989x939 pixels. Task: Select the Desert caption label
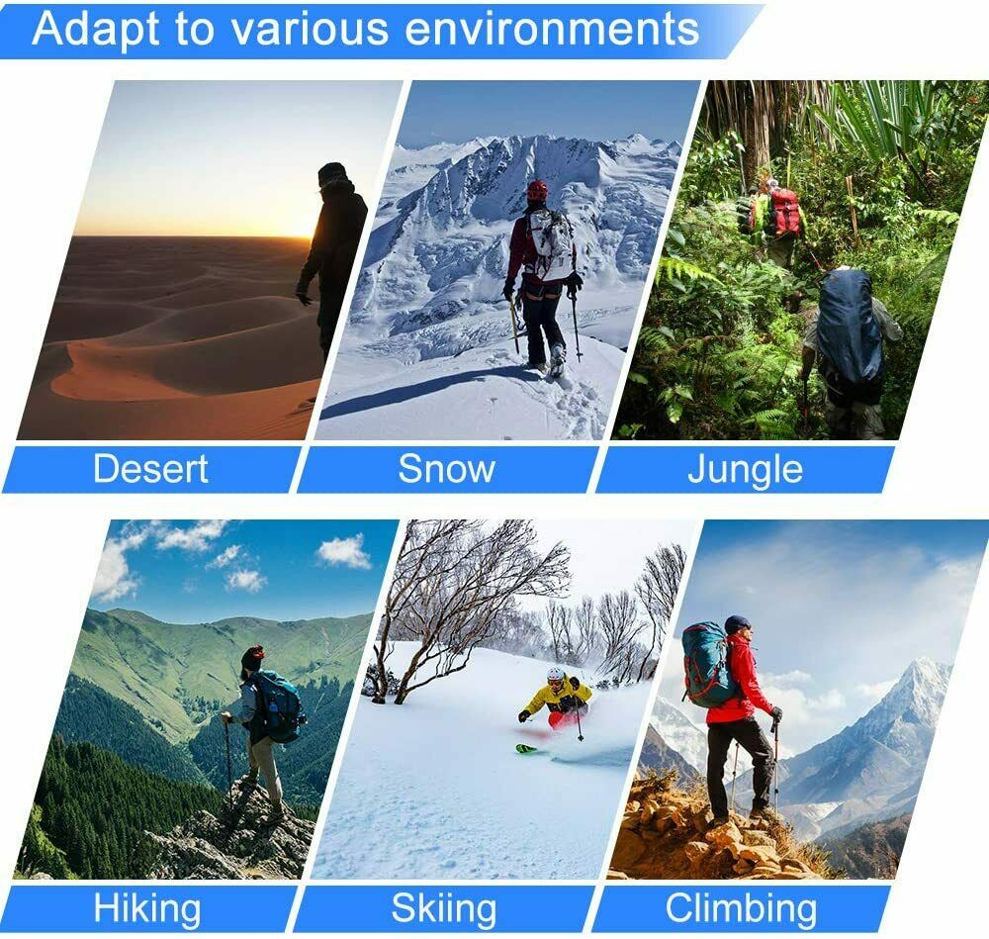pos(150,468)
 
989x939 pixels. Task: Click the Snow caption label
pos(446,468)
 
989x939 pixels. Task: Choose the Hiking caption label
pos(147,908)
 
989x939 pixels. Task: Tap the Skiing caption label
pos(443,908)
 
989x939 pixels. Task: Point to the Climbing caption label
pos(741,908)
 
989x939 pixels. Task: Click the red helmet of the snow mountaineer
pos(537,189)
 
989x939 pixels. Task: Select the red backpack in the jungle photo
pos(784,212)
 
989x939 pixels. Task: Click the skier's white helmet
pos(555,674)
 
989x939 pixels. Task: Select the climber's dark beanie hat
pos(736,624)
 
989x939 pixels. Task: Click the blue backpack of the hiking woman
pos(278,705)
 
